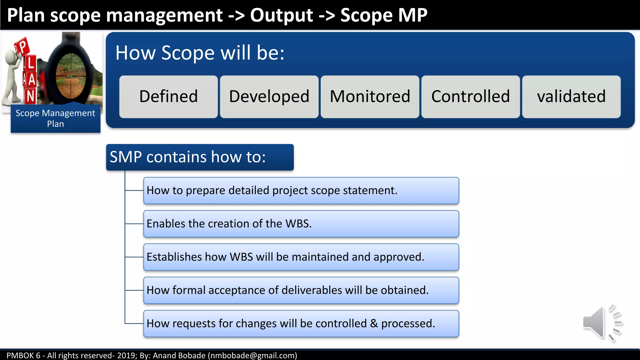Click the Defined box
tap(168, 97)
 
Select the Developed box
tap(269, 97)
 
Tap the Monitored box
tap(370, 97)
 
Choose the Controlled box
tap(471, 97)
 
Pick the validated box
tap(571, 97)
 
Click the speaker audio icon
tap(602, 323)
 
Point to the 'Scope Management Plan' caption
tap(55, 118)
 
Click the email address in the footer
tap(252, 355)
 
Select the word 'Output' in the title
tap(281, 15)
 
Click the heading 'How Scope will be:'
tap(200, 52)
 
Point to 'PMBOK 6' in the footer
tap(23, 355)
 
